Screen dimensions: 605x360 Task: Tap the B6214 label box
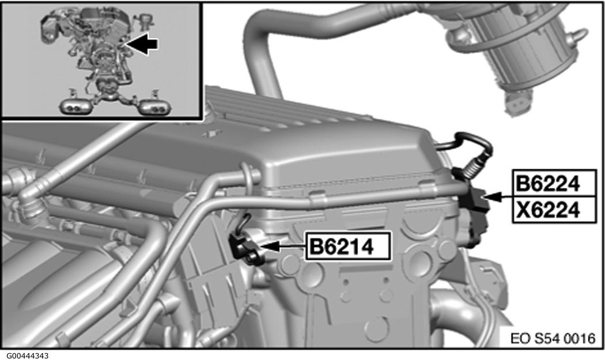click(x=347, y=246)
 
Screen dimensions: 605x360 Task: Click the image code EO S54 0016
click(x=553, y=338)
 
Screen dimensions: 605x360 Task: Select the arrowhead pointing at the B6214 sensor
click(x=269, y=246)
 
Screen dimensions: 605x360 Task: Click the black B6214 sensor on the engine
click(x=244, y=247)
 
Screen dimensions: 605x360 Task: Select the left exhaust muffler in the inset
click(x=75, y=107)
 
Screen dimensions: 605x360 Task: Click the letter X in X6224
click(x=524, y=210)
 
